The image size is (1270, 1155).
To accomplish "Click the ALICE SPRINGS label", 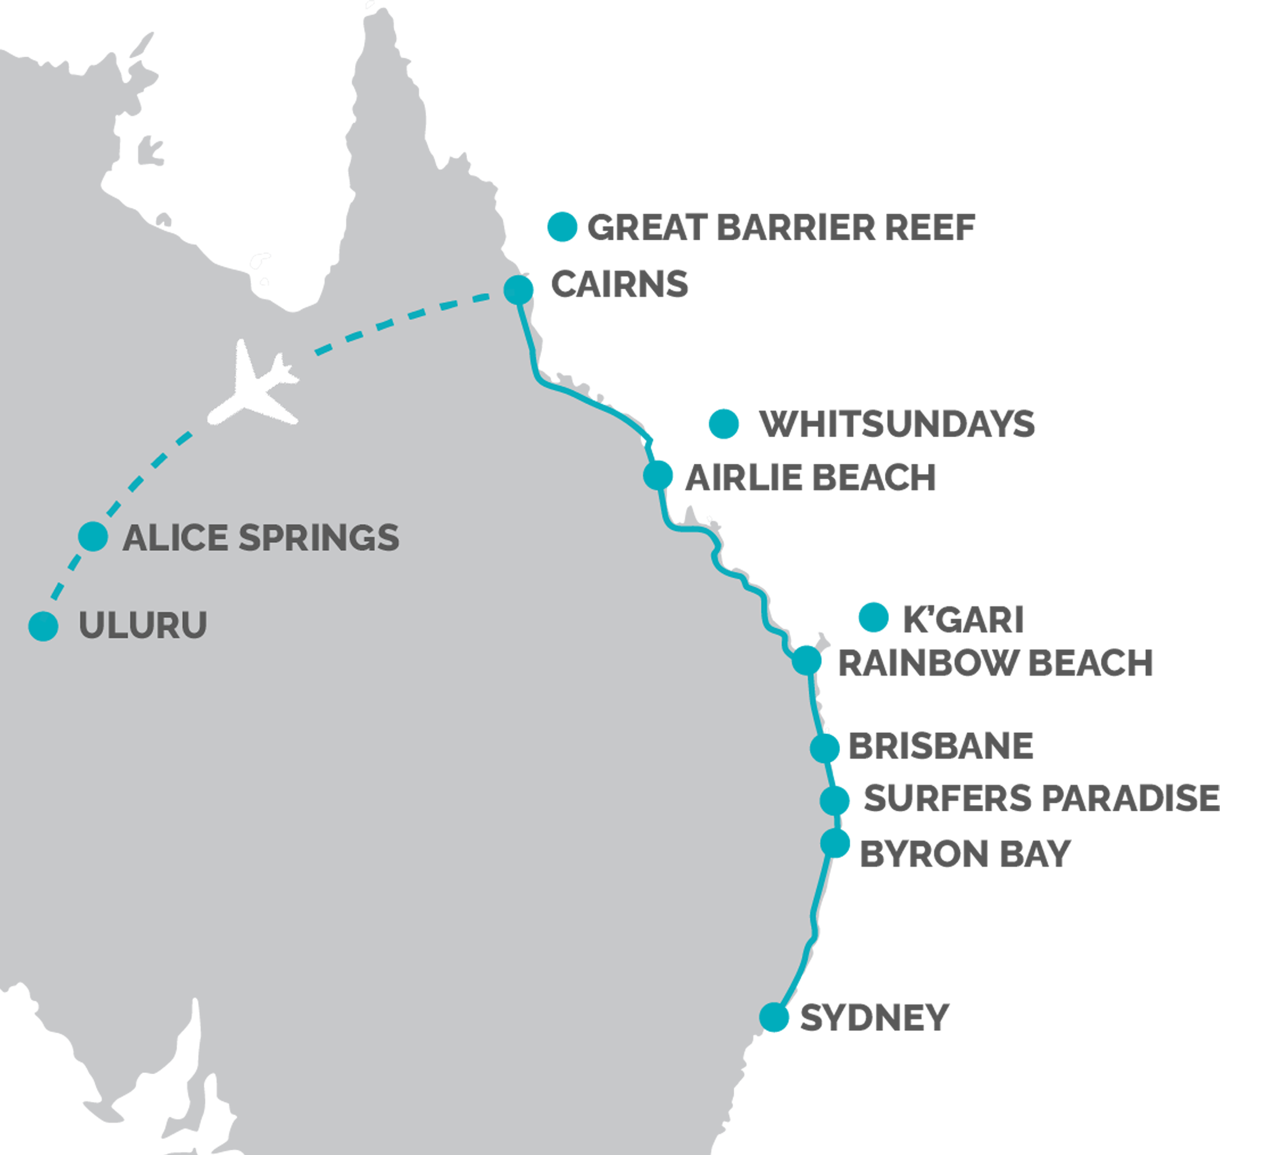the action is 260,538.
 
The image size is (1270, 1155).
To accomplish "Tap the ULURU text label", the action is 143,625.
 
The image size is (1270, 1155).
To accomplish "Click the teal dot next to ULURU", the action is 43,627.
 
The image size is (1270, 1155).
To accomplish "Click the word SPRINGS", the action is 319,538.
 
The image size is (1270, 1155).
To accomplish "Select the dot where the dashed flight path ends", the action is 518,290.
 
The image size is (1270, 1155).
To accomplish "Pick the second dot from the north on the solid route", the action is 658,475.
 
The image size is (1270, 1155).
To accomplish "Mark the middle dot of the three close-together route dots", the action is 834,801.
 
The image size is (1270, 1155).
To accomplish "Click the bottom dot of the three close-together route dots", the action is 835,843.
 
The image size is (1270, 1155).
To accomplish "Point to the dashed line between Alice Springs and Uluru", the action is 71,570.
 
